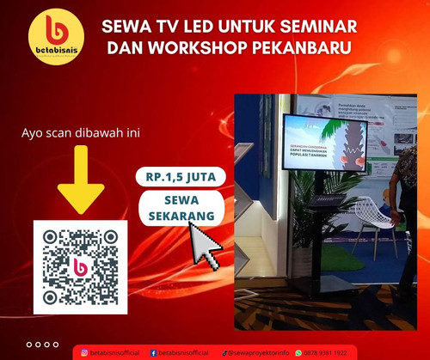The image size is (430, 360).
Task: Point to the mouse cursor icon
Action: click(205, 246)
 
